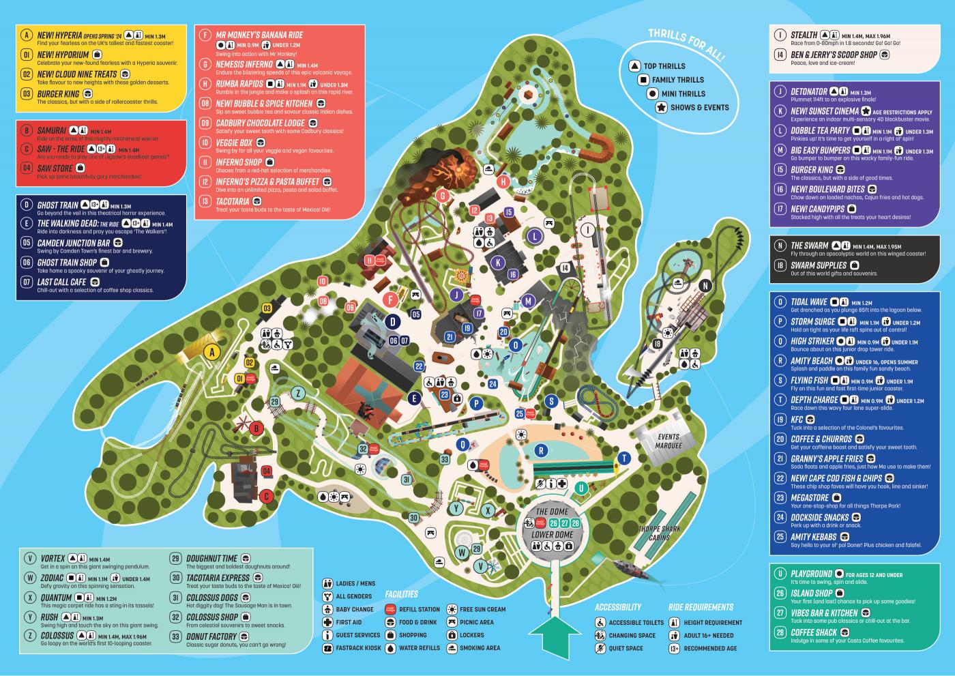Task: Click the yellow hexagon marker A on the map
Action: click(x=211, y=352)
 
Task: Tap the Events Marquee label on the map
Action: click(x=668, y=441)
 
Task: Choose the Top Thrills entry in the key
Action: click(x=664, y=66)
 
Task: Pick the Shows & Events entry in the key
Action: click(x=699, y=107)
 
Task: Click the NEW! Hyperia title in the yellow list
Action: click(x=59, y=35)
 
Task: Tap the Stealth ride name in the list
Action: click(x=804, y=35)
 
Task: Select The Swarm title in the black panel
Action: click(x=809, y=246)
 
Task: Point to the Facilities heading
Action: click(x=401, y=594)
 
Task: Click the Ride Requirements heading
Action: click(x=701, y=607)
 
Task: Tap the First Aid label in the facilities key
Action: click(x=349, y=622)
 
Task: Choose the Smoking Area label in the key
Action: click(x=480, y=648)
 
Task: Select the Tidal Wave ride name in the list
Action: click(x=809, y=302)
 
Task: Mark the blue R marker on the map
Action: click(x=541, y=450)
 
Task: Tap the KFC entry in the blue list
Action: click(x=797, y=420)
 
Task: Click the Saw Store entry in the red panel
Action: click(x=55, y=168)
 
